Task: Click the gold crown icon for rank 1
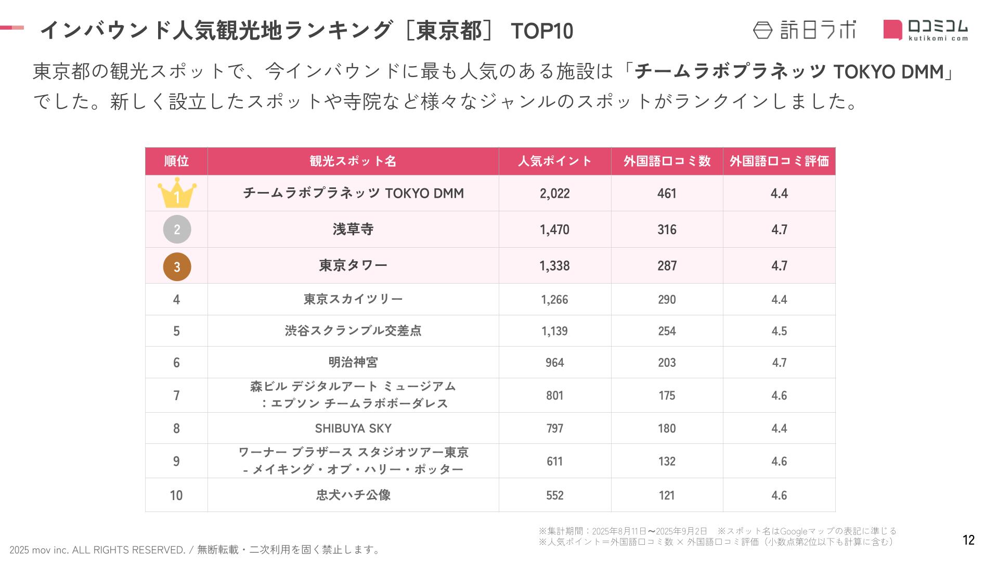click(177, 193)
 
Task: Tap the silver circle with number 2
click(177, 229)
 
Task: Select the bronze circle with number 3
click(177, 266)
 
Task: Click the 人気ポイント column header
click(555, 161)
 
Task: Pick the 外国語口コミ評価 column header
click(779, 161)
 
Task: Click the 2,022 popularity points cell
click(555, 194)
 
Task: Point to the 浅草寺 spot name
click(353, 229)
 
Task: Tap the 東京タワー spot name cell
click(353, 265)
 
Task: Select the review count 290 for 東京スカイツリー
click(667, 300)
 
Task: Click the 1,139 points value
click(555, 331)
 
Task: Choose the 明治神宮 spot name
click(353, 362)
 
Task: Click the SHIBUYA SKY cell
click(353, 428)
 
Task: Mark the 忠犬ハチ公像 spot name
click(353, 495)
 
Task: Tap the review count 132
click(667, 462)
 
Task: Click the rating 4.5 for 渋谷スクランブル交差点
click(779, 331)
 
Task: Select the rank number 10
click(176, 495)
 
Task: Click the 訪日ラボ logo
click(804, 30)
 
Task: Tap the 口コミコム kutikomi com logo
click(926, 30)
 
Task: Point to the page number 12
click(968, 540)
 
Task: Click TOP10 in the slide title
click(542, 31)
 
